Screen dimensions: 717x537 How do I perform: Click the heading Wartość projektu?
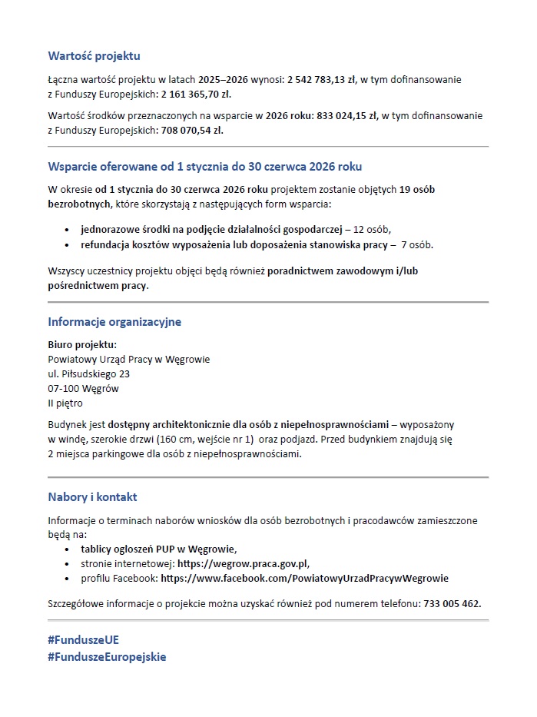point(94,56)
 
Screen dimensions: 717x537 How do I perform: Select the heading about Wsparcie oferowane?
point(204,166)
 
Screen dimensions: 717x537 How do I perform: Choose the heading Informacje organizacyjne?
point(114,322)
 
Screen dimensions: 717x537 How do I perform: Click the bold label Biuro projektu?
point(82,345)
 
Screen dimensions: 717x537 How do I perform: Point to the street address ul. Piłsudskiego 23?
point(88,374)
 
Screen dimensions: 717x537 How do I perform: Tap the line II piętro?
point(65,403)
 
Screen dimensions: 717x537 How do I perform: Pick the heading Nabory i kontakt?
point(92,497)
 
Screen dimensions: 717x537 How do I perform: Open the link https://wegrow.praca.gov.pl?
point(242,563)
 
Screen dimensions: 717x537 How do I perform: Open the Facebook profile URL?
point(304,578)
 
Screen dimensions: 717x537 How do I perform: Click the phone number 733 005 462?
point(452,603)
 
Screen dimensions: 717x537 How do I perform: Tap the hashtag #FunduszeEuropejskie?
point(107,657)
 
